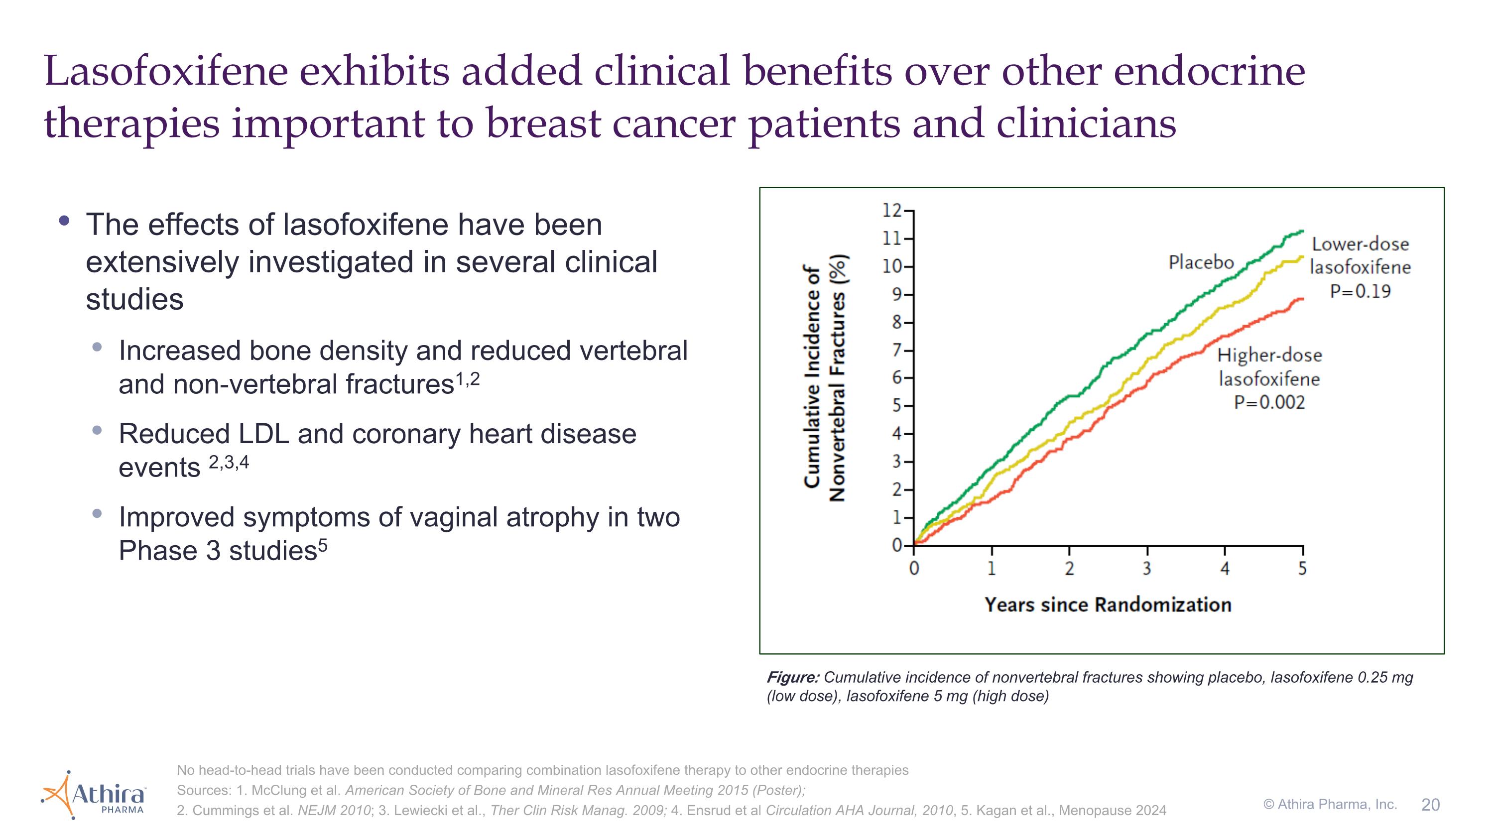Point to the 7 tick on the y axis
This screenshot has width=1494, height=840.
click(x=897, y=351)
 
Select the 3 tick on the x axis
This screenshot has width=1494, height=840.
click(x=1146, y=569)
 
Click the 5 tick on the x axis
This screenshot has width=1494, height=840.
click(x=1302, y=569)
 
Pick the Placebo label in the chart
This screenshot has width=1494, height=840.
click(x=1201, y=262)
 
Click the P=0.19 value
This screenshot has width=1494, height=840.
click(x=1360, y=291)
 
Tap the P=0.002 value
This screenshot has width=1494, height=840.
click(x=1269, y=402)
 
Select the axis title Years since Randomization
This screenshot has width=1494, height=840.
click(x=1108, y=604)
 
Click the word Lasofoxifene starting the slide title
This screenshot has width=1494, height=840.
click(x=166, y=71)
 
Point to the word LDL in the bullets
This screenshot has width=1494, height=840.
click(x=263, y=434)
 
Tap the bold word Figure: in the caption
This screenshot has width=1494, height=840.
click(x=793, y=677)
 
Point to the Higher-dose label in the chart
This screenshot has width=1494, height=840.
click(x=1269, y=355)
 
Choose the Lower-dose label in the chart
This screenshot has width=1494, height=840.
click(x=1360, y=244)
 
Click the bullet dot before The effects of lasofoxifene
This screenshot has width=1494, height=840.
click(x=64, y=221)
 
